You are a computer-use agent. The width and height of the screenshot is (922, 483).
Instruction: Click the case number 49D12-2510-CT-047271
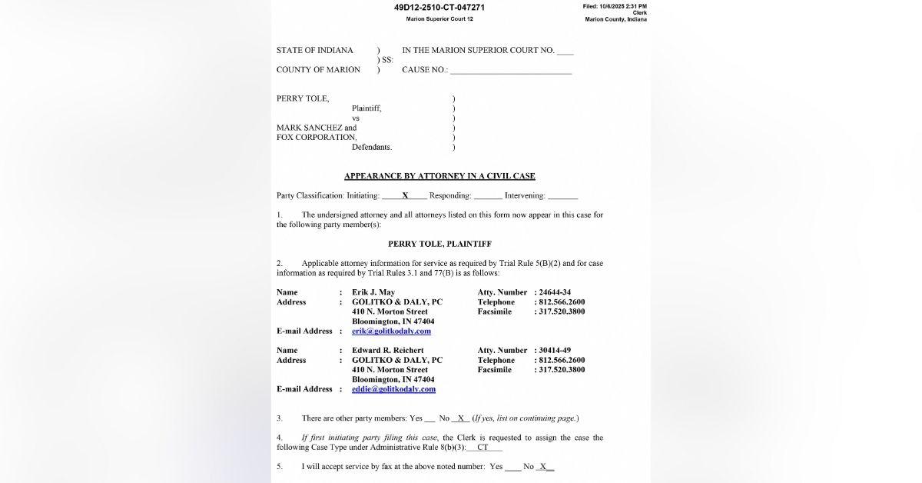click(x=439, y=8)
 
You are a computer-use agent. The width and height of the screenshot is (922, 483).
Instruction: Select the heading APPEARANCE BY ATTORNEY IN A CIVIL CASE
click(x=439, y=176)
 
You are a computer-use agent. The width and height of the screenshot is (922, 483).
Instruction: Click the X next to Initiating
click(x=405, y=196)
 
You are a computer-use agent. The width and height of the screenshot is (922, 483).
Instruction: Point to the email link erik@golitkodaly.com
click(x=391, y=331)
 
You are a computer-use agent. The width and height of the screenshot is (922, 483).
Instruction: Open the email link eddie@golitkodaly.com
click(x=393, y=389)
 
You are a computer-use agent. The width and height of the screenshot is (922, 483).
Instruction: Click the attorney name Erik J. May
click(x=373, y=292)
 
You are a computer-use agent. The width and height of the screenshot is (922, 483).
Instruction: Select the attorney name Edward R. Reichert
click(x=387, y=351)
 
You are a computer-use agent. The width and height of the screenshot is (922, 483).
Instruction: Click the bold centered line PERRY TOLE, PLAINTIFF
click(x=439, y=244)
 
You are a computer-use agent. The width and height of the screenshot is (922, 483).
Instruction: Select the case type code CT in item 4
click(x=483, y=447)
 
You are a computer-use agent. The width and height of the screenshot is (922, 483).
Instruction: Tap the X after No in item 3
click(x=461, y=418)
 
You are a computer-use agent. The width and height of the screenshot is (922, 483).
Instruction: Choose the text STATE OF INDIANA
click(x=315, y=51)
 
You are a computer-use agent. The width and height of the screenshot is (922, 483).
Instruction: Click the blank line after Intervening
click(x=563, y=197)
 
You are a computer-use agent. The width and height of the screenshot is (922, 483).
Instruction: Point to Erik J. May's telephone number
click(x=562, y=302)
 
